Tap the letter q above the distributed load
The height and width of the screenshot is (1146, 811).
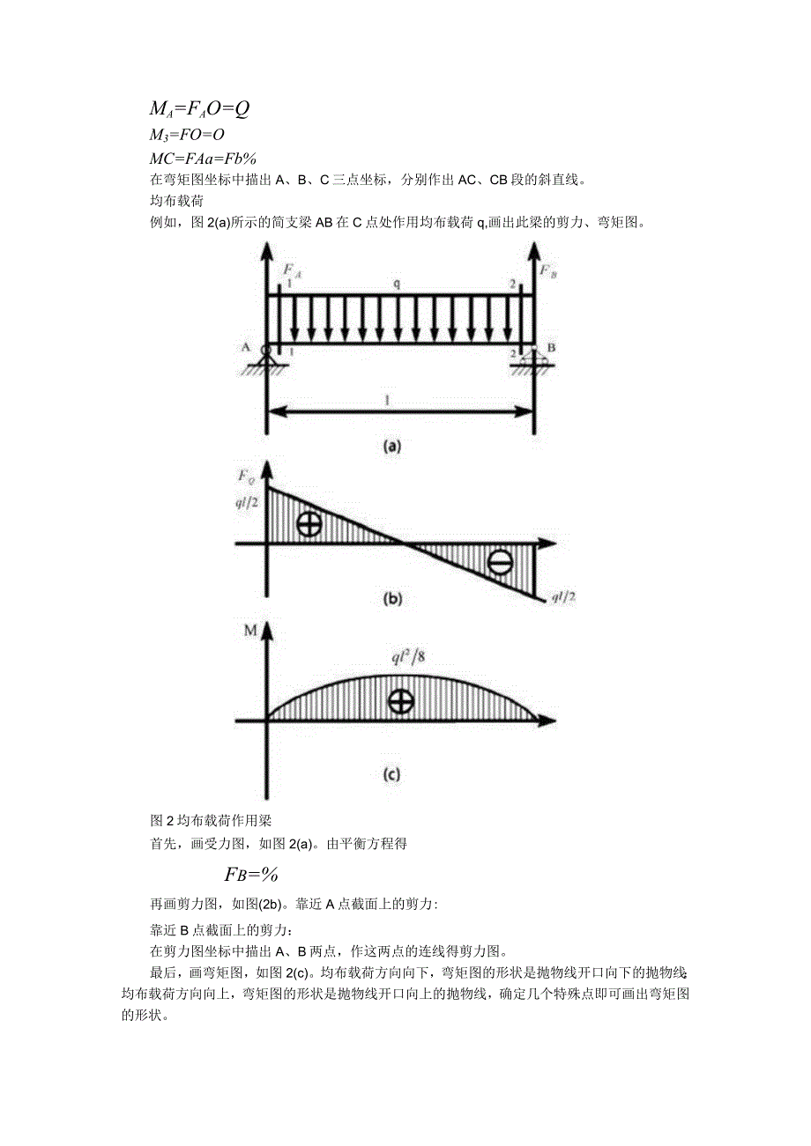point(397,284)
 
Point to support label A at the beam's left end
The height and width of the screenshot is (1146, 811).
point(246,346)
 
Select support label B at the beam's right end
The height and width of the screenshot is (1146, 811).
point(550,346)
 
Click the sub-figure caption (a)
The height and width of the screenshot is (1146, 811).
point(391,446)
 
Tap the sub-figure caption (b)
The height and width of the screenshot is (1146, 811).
point(391,599)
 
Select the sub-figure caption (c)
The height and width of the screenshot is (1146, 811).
point(391,775)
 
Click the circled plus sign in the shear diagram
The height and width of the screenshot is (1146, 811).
point(309,523)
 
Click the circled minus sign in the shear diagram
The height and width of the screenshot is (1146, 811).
point(499,562)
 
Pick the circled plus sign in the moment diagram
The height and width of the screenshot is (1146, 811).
point(400,701)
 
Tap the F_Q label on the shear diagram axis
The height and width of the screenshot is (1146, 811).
point(247,477)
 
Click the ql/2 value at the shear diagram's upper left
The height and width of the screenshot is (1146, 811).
point(248,504)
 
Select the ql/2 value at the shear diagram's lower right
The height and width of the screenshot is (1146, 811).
point(563,597)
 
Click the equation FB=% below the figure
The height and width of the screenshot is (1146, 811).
point(251,874)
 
